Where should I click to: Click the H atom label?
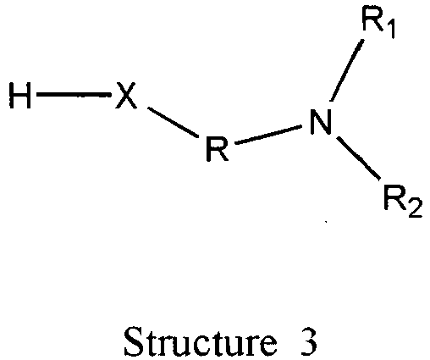tap(19, 96)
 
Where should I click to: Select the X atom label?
tap(126, 96)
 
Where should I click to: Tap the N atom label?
tap(320, 121)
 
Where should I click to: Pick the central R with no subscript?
tap(217, 148)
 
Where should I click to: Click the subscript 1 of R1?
tap(389, 30)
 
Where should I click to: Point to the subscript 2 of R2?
tap(415, 208)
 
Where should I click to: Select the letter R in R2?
tap(395, 197)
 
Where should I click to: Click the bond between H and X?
tap(73, 95)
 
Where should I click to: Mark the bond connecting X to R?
tap(174, 123)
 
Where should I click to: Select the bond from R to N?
tap(268, 135)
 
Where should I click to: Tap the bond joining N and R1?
tap(347, 70)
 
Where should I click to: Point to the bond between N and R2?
tap(358, 158)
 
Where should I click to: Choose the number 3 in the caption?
tap(309, 342)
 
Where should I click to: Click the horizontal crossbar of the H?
tap(19, 95)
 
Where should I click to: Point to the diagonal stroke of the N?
tap(320, 121)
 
